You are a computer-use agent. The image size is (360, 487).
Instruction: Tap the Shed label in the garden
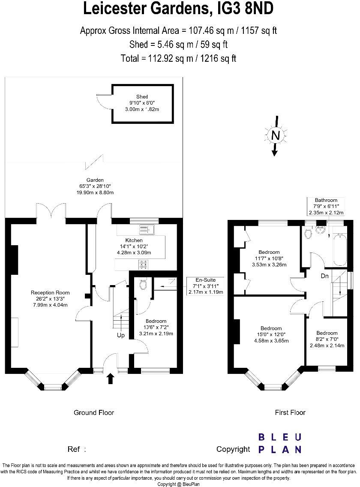[142, 96]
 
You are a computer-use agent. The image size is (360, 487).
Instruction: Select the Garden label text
[95, 180]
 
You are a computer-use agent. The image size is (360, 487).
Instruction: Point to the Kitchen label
[134, 240]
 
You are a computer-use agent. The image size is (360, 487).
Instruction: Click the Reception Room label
[50, 293]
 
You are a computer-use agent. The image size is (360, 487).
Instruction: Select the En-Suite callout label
[205, 280]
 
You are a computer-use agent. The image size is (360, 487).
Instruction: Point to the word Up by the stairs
[121, 335]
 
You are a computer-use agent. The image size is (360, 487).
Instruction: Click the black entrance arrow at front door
[111, 378]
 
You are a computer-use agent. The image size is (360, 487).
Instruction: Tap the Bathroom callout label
[326, 200]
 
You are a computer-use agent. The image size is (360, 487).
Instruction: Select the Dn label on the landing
[325, 276]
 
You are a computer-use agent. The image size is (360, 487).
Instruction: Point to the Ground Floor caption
[94, 412]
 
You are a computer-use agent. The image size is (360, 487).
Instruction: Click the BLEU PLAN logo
[280, 443]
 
